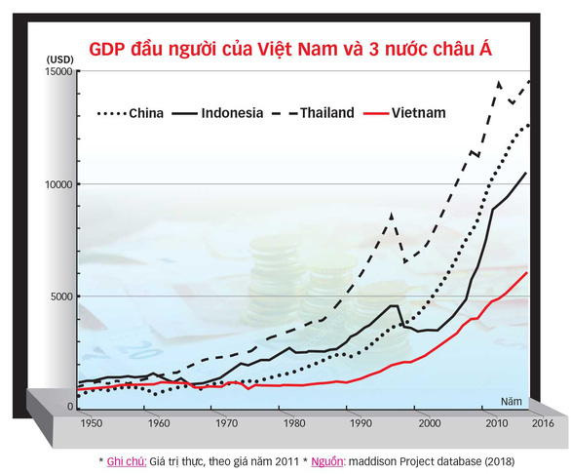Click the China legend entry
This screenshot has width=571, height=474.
point(130,113)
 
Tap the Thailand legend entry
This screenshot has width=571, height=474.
point(313,113)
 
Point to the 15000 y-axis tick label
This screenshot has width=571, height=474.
point(58,71)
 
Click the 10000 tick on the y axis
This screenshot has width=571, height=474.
point(58,185)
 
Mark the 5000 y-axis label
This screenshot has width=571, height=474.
point(61,296)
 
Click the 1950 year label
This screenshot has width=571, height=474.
point(92,423)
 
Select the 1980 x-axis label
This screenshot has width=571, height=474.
point(294,423)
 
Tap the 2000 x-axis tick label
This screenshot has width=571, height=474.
point(430,423)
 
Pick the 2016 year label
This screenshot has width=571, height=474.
point(543,423)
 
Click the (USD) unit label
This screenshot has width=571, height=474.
point(60,59)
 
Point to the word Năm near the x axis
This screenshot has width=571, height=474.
point(512,402)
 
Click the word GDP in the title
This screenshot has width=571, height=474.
point(107,50)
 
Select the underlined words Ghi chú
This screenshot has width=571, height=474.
point(127,461)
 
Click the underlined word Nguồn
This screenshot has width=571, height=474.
point(327,462)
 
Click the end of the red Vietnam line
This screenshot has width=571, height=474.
point(526,272)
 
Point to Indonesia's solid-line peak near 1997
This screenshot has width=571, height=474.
point(394,305)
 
